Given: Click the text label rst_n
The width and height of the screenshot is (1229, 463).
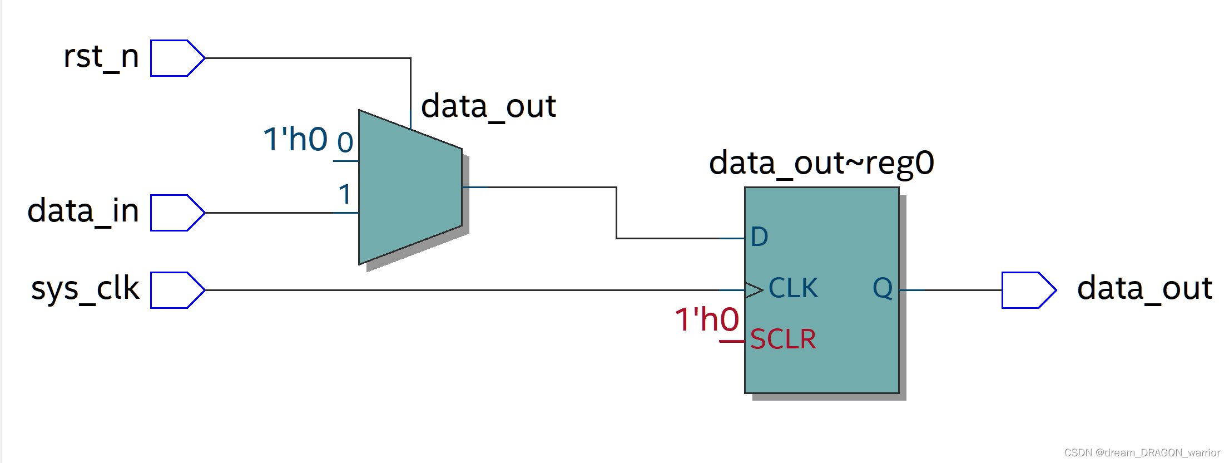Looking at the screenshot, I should coord(101,57).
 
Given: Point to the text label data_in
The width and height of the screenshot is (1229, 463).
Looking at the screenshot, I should coord(83,211).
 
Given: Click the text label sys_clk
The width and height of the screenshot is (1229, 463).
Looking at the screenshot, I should coord(85,289).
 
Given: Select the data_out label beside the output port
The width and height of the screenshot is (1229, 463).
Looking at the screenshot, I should coord(1144,289).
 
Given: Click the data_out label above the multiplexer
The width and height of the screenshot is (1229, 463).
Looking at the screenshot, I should coord(488,106).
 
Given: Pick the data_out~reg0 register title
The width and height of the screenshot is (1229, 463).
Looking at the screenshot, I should coord(821,163).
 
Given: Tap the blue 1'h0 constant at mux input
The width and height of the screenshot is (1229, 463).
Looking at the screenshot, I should coord(295,139).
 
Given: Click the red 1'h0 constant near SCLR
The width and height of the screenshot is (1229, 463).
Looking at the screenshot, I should coord(706,320).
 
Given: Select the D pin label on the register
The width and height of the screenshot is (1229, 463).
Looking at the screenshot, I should coord(759,237).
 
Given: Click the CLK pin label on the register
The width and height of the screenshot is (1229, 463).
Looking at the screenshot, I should coord(793,289).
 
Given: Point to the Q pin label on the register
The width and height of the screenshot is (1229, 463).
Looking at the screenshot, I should coord(882,289).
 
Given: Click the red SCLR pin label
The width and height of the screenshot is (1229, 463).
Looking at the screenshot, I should coord(782,339).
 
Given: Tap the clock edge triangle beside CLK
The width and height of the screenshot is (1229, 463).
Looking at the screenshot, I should coord(754,290).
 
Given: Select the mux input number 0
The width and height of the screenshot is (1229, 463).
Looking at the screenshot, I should coord(345,143).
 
